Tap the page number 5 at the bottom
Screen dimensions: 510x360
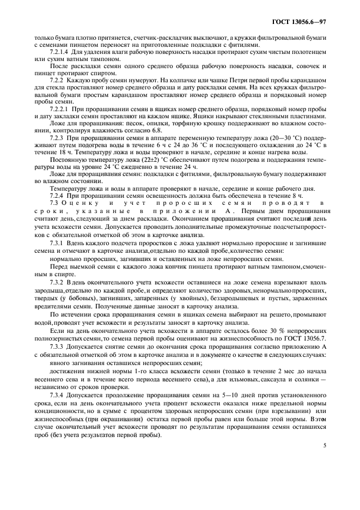(x=325, y=445)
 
